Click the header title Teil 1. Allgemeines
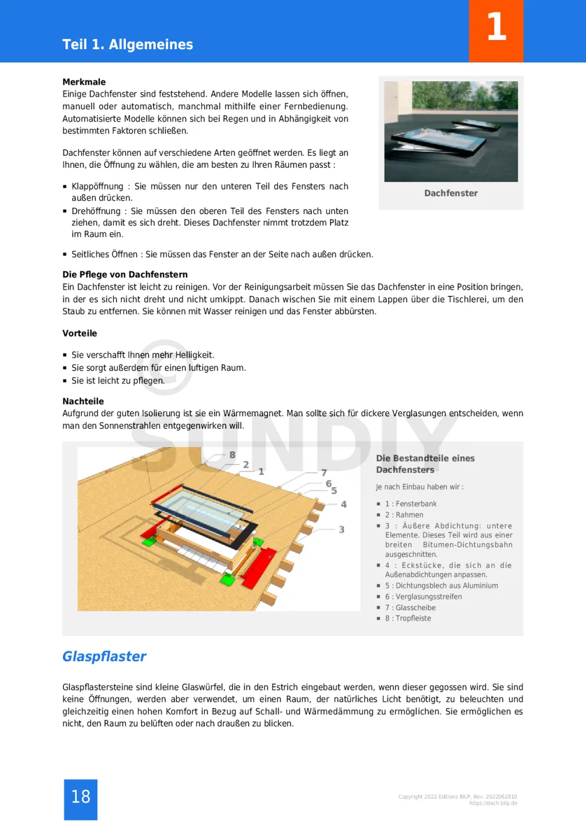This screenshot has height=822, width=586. pyautogui.click(x=128, y=45)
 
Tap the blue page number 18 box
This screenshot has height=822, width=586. pyautogui.click(x=81, y=799)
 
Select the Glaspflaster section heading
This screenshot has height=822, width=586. pyautogui.click(x=104, y=657)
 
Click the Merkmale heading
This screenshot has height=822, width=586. pyautogui.click(x=84, y=82)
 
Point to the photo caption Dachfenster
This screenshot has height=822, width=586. pyautogui.click(x=451, y=193)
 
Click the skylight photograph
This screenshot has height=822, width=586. pyautogui.click(x=451, y=131)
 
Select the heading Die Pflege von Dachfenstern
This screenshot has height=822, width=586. pyautogui.click(x=125, y=275)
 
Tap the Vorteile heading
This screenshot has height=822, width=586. pyautogui.click(x=80, y=333)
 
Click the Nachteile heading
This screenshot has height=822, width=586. pyautogui.click(x=83, y=401)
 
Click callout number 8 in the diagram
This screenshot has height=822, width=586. pyautogui.click(x=232, y=455)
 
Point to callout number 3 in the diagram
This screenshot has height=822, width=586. pyautogui.click(x=342, y=530)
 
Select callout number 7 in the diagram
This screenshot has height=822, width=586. pyautogui.click(x=324, y=473)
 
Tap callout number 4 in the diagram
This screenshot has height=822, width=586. pyautogui.click(x=344, y=504)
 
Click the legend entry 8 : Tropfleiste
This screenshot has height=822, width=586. pyautogui.click(x=408, y=618)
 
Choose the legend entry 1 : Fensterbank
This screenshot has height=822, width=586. pyautogui.click(x=411, y=504)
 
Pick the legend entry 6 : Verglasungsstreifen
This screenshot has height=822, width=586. pyautogui.click(x=423, y=596)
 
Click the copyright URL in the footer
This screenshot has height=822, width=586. pyautogui.click(x=493, y=803)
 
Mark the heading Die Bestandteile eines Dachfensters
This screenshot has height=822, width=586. pyautogui.click(x=425, y=464)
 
